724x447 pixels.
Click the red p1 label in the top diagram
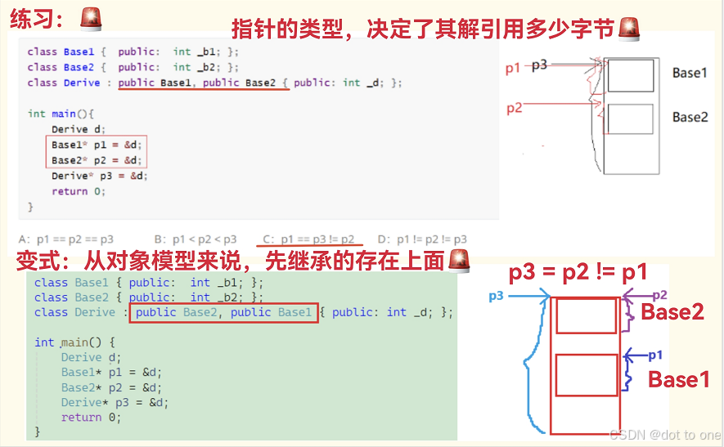(x=513, y=69)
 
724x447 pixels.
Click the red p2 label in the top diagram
(x=514, y=108)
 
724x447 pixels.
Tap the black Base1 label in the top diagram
(x=689, y=73)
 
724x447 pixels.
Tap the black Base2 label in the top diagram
(x=690, y=117)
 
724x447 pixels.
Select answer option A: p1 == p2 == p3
(x=65, y=239)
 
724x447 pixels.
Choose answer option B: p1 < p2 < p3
(x=196, y=239)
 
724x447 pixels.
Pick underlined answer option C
(x=308, y=239)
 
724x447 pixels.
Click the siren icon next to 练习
(x=92, y=19)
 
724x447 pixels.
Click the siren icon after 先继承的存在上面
(x=459, y=261)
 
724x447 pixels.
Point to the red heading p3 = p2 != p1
(x=578, y=272)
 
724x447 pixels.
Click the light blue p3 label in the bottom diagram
(x=496, y=296)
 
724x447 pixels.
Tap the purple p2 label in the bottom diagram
(x=659, y=295)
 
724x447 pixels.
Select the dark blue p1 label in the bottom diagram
(x=654, y=355)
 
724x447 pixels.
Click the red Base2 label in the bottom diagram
(x=672, y=311)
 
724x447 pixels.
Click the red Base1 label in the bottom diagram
(x=678, y=379)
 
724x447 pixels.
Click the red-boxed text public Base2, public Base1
(x=223, y=312)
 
